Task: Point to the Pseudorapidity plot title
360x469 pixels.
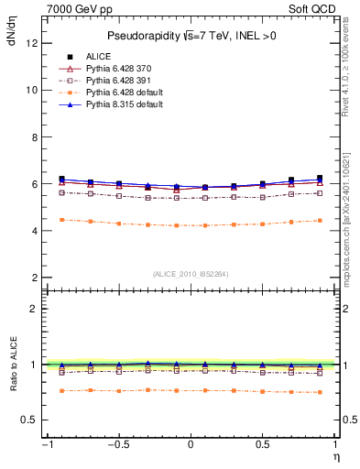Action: click(191, 36)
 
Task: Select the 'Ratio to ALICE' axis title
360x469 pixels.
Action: click(12, 364)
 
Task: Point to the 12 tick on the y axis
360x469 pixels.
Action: click(31, 43)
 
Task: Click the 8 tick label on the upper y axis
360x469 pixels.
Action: click(34, 136)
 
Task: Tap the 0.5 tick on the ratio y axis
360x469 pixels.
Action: click(28, 420)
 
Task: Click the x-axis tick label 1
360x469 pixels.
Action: click(335, 445)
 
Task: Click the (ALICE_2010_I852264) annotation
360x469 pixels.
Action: click(191, 273)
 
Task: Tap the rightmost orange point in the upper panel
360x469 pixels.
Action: click(320, 220)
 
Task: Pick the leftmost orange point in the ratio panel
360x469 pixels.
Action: click(62, 391)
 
